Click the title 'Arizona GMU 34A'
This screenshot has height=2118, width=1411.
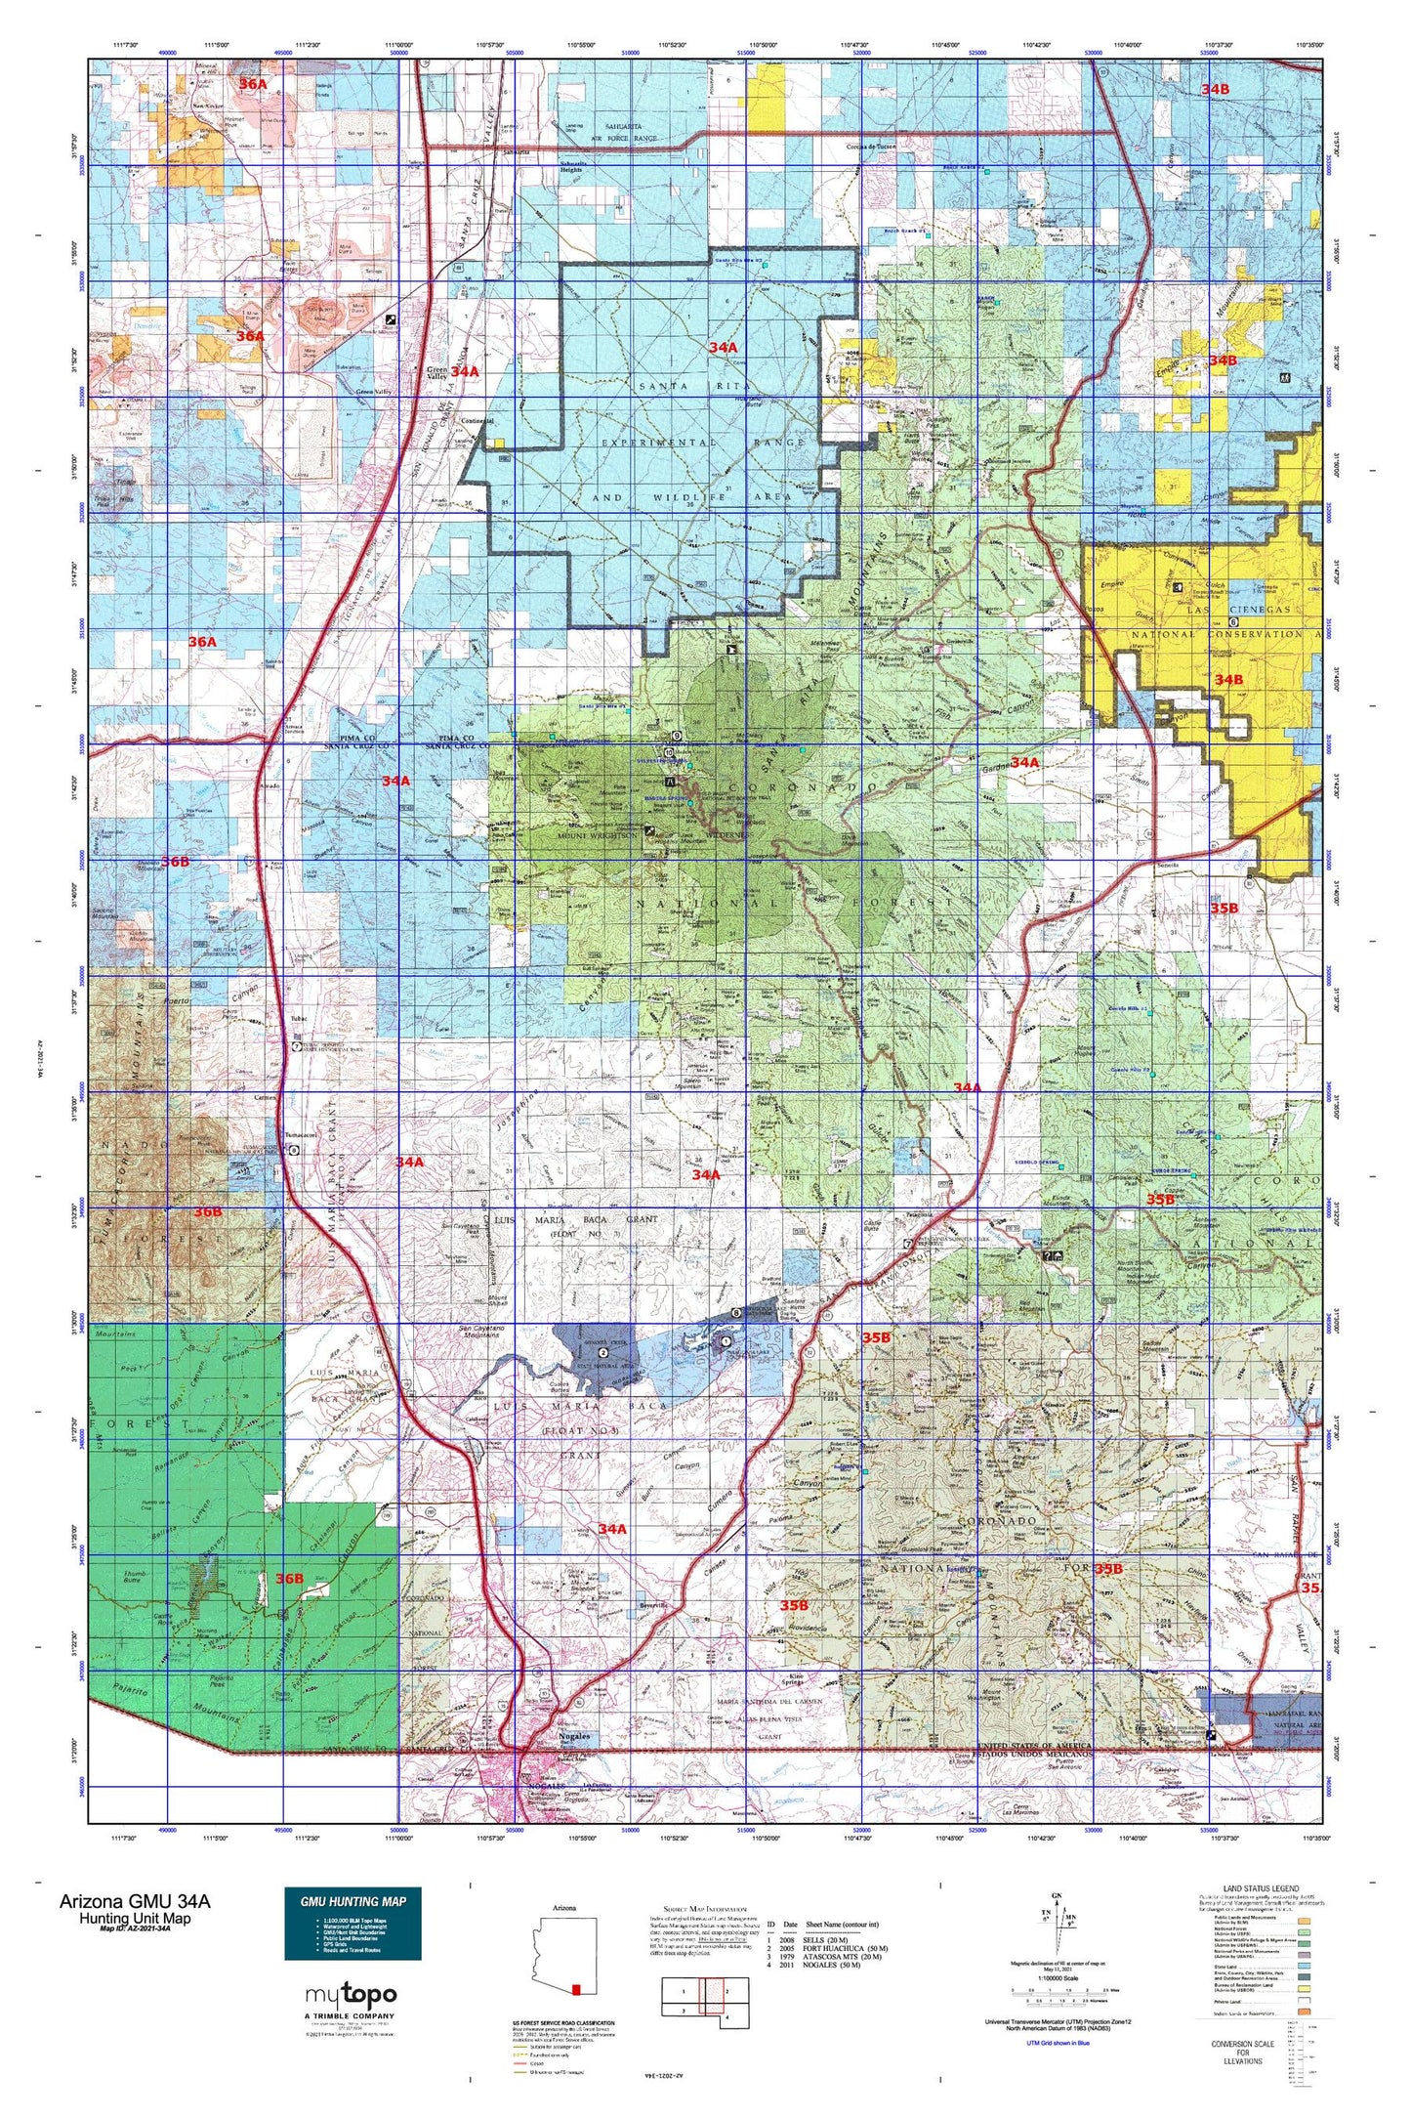click(134, 1901)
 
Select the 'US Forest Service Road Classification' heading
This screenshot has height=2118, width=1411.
click(563, 2022)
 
